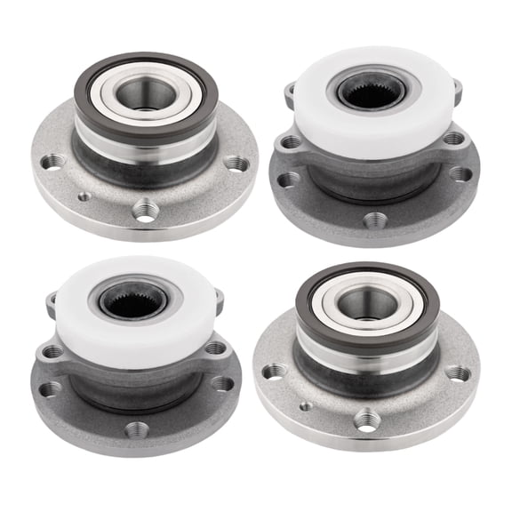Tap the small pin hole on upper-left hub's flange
coord(84,196)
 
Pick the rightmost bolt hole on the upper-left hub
coord(236,164)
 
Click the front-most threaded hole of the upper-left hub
coord(145,210)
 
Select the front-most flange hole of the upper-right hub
coord(372,220)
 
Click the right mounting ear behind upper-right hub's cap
coord(457,88)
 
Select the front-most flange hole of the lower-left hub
coord(136,429)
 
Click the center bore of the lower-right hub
coord(367,303)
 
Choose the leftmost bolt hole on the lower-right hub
coord(274,371)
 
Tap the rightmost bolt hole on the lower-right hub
coord(458,373)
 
